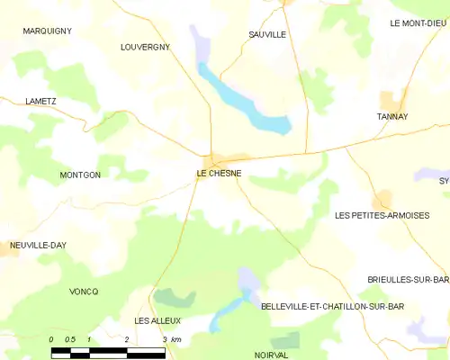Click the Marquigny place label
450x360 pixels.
click(x=48, y=31)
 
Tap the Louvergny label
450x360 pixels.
click(x=145, y=47)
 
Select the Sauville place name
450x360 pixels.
click(x=267, y=34)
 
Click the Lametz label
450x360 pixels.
click(x=41, y=102)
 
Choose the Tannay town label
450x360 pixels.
click(x=392, y=116)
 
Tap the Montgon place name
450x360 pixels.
click(x=80, y=175)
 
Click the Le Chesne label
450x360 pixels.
click(x=219, y=174)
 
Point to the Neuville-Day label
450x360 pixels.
click(x=39, y=245)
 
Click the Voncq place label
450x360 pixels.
click(x=83, y=292)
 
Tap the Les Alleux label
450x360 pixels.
click(x=157, y=320)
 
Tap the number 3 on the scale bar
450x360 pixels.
click(x=165, y=338)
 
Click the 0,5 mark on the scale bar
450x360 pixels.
click(x=70, y=338)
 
